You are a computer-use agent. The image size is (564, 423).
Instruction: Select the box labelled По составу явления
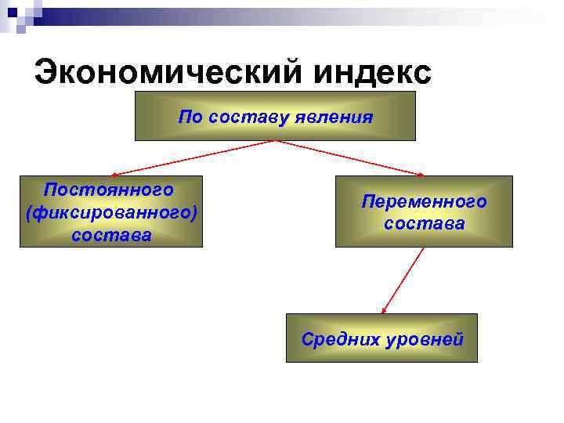[x=274, y=116]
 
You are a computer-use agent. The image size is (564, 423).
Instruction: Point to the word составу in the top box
[x=251, y=118]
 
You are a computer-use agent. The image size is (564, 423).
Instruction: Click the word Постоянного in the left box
[x=109, y=190]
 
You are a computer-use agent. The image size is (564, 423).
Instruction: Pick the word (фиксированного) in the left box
[x=110, y=212]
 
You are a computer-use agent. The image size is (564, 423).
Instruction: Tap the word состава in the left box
[x=110, y=234]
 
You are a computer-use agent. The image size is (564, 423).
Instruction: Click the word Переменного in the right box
[x=424, y=202]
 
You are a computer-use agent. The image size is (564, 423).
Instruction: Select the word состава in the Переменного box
[x=424, y=224]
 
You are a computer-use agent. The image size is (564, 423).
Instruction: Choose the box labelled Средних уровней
[x=382, y=338]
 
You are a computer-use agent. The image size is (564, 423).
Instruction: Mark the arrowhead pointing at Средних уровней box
[x=384, y=310]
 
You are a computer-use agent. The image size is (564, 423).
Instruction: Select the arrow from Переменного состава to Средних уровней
[x=403, y=280]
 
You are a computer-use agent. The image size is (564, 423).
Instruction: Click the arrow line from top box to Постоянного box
[x=196, y=157]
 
